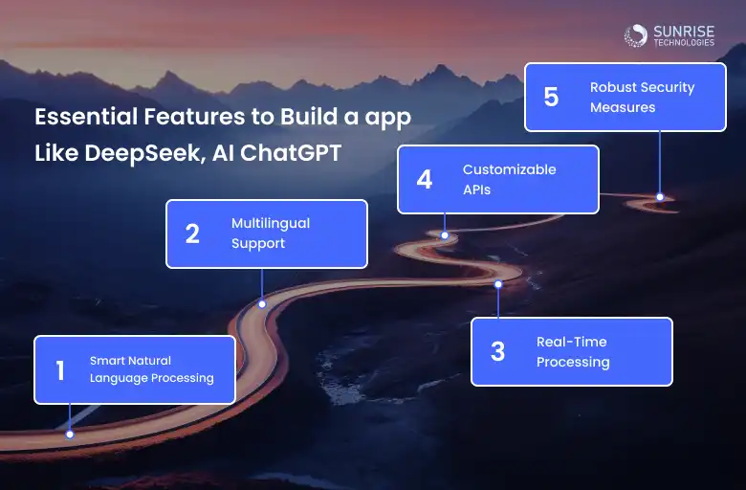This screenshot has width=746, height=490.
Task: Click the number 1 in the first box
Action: pyautogui.click(x=60, y=370)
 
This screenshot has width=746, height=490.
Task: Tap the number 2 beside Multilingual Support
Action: pyautogui.click(x=192, y=234)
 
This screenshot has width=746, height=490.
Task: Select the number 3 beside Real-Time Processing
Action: pyautogui.click(x=497, y=351)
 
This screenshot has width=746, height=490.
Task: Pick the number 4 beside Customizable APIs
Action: pyautogui.click(x=425, y=180)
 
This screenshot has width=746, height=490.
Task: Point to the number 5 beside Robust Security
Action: pyautogui.click(x=551, y=98)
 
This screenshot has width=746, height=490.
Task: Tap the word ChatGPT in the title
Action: pyautogui.click(x=290, y=153)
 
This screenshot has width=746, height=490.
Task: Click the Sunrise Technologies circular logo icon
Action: pyautogui.click(x=636, y=35)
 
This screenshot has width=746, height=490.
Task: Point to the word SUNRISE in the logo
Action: pyautogui.click(x=684, y=32)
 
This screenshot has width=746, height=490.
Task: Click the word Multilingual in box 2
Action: pyautogui.click(x=271, y=223)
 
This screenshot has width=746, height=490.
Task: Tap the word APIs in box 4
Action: pyautogui.click(x=476, y=190)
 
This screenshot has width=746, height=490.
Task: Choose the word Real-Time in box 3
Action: pyautogui.click(x=571, y=342)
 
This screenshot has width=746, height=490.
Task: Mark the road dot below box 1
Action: pyautogui.click(x=70, y=434)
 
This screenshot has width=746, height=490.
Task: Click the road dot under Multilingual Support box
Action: pyautogui.click(x=262, y=304)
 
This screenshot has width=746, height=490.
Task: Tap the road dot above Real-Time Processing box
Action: pyautogui.click(x=498, y=284)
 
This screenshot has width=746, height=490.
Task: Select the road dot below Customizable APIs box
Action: pyautogui.click(x=445, y=235)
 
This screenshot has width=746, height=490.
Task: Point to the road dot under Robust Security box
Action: pyautogui.click(x=660, y=196)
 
